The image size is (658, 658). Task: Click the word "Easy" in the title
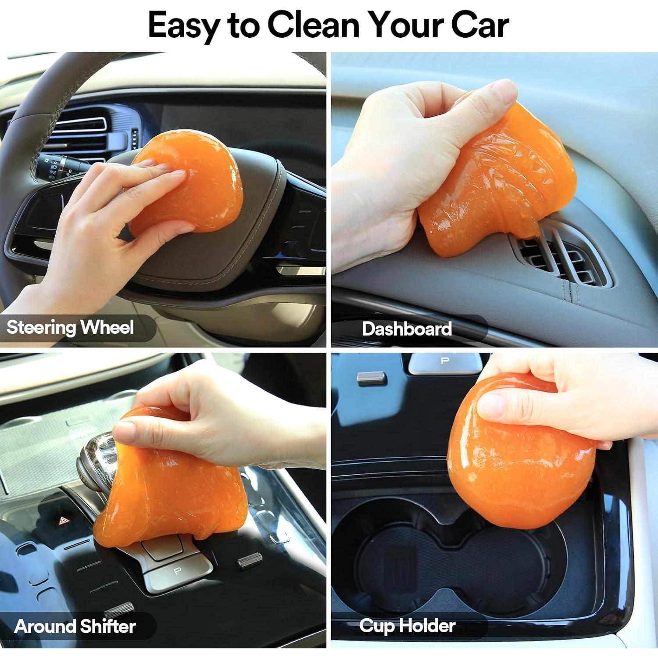(x=184, y=25)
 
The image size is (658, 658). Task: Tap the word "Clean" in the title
(x=313, y=25)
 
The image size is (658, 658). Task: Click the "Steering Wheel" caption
(x=70, y=328)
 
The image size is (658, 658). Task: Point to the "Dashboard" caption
(x=407, y=329)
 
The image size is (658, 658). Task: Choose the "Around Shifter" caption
(x=75, y=626)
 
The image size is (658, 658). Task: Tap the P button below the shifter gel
(x=178, y=571)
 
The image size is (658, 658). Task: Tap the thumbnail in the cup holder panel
(x=491, y=404)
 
